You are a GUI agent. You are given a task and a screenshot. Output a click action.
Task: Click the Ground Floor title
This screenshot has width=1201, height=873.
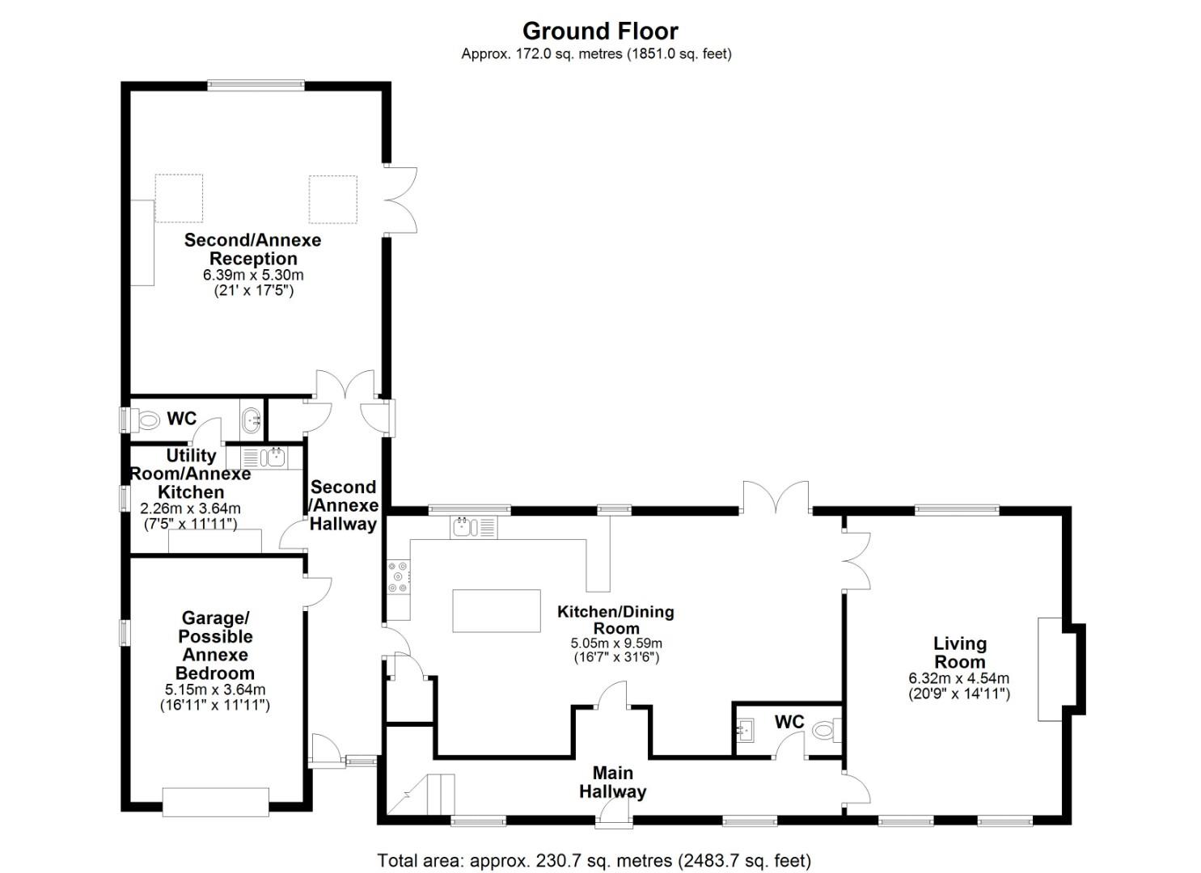(599, 31)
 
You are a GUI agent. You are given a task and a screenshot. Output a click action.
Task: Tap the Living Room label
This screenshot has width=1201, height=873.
(959, 652)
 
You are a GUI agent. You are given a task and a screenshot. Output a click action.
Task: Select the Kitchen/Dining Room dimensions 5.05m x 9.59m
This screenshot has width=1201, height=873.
(616, 643)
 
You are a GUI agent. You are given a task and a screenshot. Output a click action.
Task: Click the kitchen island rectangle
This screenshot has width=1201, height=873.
(496, 610)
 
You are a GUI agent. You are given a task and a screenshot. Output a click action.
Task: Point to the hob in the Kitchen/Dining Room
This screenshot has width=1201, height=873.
(398, 577)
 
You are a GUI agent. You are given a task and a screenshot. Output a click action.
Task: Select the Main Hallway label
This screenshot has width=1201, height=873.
(612, 782)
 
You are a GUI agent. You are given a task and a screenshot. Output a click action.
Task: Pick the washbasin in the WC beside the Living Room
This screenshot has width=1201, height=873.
(745, 731)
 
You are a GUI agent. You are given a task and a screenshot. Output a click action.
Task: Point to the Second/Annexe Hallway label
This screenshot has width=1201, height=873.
(344, 505)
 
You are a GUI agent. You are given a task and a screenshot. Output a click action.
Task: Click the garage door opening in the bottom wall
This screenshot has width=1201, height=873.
(215, 801)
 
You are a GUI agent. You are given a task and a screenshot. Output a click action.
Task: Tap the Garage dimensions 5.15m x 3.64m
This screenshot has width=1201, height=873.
(215, 690)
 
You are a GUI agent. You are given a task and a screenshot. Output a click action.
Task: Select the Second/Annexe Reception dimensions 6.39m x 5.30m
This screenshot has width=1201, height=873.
(252, 275)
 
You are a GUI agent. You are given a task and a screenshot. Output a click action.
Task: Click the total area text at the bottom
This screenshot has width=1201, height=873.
(594, 860)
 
